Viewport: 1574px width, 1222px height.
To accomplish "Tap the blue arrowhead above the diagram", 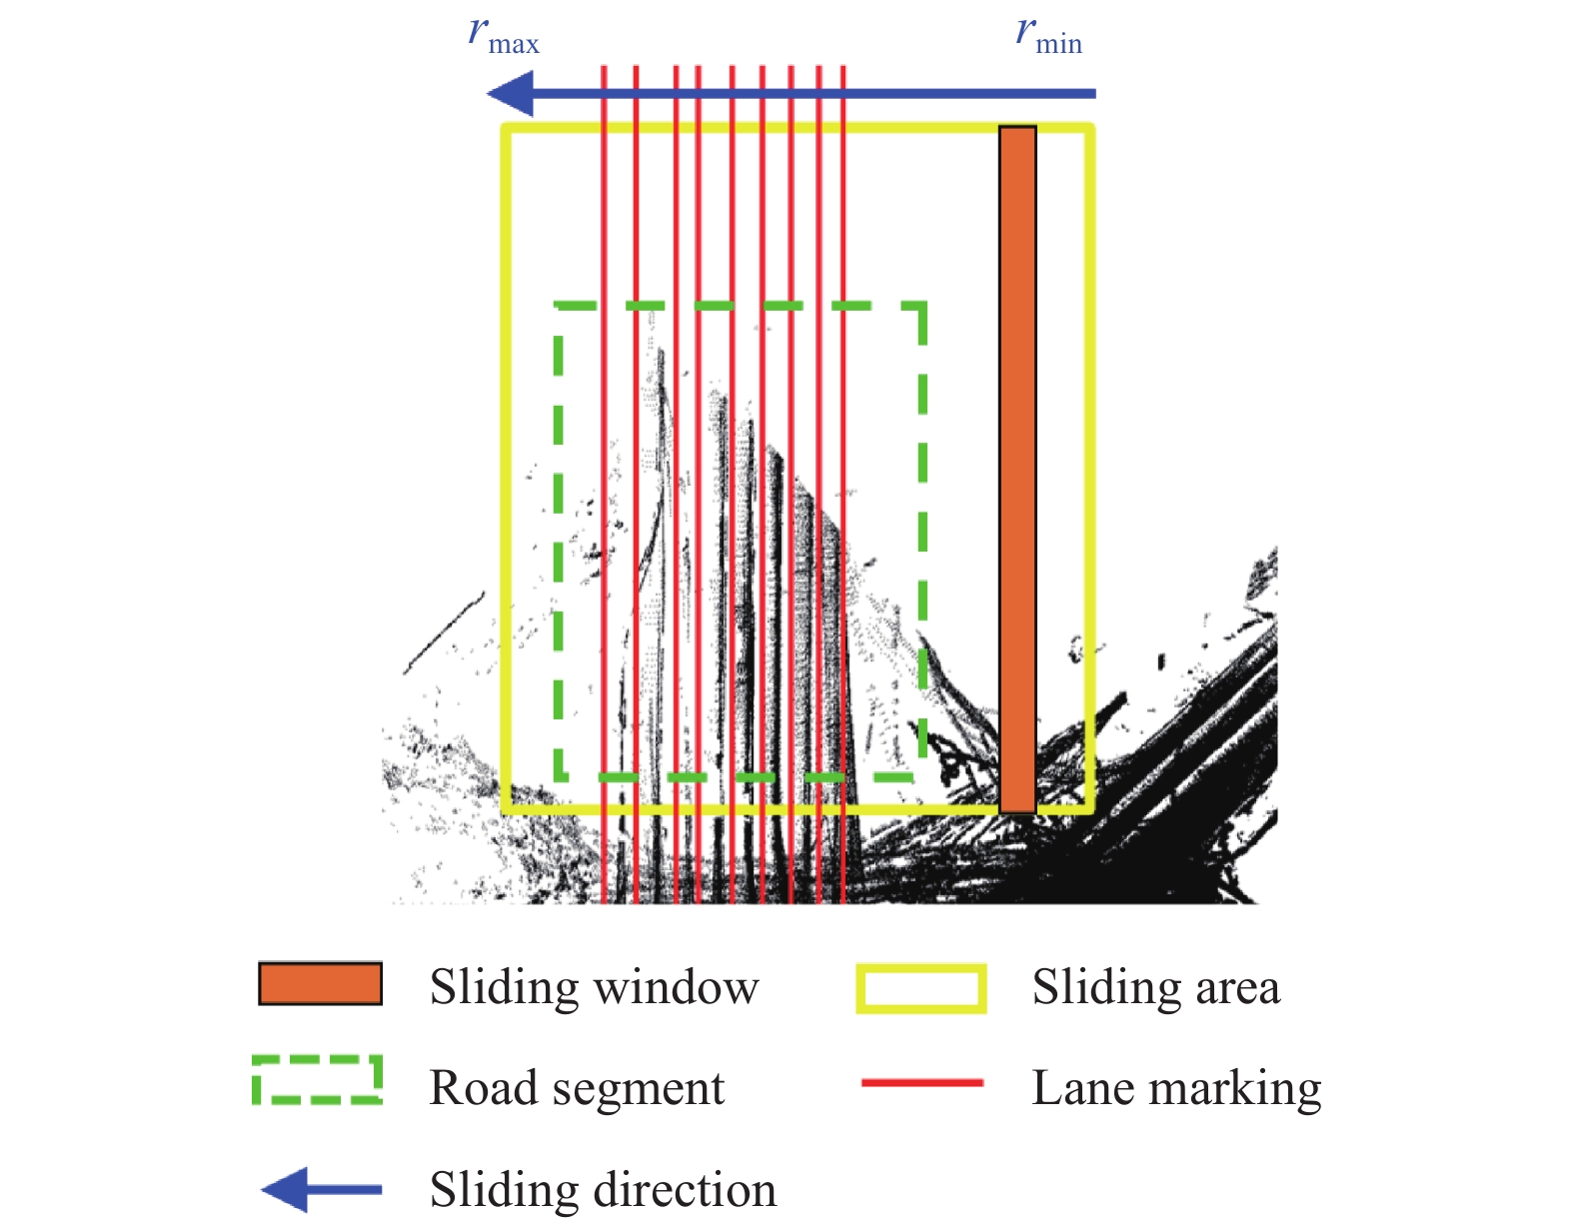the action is [510, 93].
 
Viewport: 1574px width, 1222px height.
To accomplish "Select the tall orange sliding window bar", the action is [1017, 469].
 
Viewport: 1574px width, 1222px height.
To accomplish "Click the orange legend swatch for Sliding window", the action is [320, 984].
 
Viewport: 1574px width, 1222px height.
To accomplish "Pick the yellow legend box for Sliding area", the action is [921, 988].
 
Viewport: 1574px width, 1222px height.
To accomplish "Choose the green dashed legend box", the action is [317, 1080].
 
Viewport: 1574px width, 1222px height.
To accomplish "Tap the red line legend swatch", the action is [922, 1083].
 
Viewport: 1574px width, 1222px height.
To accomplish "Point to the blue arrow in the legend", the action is [321, 1189].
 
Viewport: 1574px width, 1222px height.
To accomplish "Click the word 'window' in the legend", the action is [676, 987].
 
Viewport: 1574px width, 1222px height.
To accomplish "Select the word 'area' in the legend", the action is [1237, 988].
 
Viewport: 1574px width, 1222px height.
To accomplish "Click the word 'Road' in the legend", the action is [484, 1087].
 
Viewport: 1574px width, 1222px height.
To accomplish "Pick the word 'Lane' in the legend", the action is [1083, 1087].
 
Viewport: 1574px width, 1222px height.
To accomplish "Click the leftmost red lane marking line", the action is [604, 485].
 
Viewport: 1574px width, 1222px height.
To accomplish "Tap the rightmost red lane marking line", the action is [843, 485].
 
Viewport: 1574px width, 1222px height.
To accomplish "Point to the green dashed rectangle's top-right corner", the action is [922, 306].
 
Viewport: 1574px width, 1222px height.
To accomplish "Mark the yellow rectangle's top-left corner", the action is [507, 129].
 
